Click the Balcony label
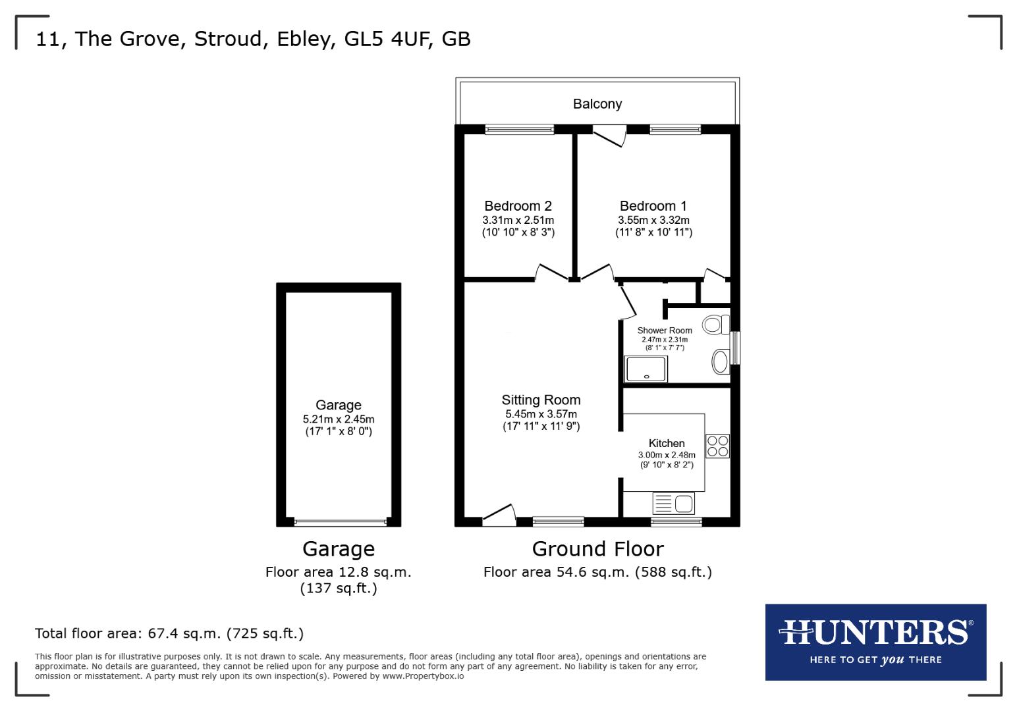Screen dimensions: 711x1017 597,104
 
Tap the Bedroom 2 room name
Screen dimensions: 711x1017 518,206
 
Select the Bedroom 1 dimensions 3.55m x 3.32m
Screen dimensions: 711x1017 653,220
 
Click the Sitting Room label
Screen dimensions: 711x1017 541,400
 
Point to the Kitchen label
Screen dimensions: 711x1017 667,443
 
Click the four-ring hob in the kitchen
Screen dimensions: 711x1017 717,446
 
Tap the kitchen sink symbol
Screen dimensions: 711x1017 673,504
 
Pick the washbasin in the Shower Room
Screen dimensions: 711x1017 721,361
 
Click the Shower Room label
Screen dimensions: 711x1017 665,330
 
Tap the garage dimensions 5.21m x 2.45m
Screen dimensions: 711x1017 339,419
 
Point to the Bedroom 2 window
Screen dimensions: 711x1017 519,130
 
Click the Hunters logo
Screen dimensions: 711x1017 875,641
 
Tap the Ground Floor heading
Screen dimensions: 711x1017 597,548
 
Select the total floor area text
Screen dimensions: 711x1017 169,633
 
